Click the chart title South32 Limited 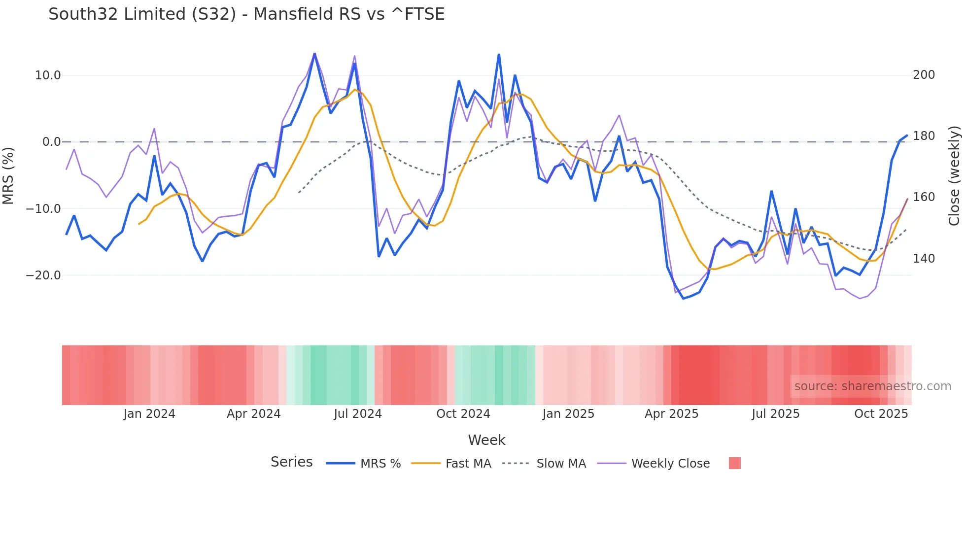(x=246, y=14)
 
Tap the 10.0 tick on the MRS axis (x=48, y=75)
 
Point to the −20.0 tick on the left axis (x=43, y=275)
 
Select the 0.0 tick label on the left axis (x=51, y=142)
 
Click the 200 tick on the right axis (x=924, y=75)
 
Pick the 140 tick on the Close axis (x=924, y=259)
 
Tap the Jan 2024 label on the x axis (x=149, y=414)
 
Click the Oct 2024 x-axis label (x=463, y=414)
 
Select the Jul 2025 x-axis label (x=775, y=414)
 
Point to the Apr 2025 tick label (x=671, y=414)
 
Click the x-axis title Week (x=486, y=440)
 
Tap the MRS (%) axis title (x=8, y=175)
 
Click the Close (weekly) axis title (x=954, y=176)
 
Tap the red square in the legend (x=734, y=463)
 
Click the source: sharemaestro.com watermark (x=872, y=386)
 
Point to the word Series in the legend (x=291, y=462)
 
